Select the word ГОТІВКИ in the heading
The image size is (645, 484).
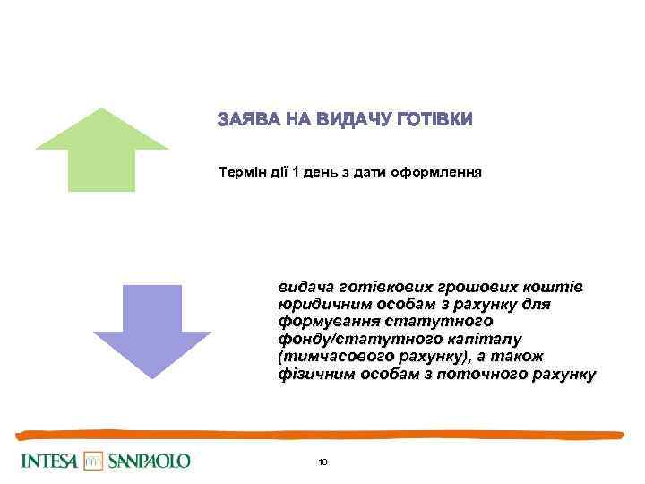[x=434, y=119]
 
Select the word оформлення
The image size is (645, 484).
[x=443, y=171]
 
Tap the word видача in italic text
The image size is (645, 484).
[x=304, y=287]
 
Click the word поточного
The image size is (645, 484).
[x=478, y=373]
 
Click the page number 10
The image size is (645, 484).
[x=322, y=462]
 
